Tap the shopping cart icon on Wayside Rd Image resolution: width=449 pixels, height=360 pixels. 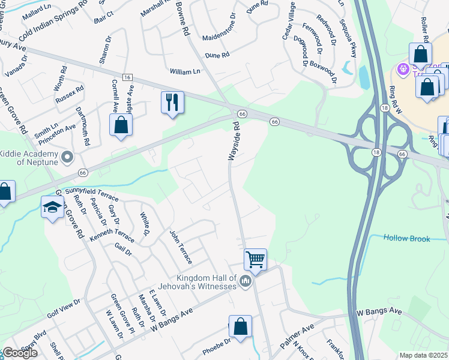[255, 260]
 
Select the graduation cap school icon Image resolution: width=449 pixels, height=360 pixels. [52, 208]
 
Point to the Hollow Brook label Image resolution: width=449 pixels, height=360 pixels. [407, 239]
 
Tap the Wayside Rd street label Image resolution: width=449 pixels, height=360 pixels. [236, 142]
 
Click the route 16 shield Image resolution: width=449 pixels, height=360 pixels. [127, 77]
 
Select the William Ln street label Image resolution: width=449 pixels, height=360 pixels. [184, 71]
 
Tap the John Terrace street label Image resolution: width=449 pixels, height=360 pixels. [180, 247]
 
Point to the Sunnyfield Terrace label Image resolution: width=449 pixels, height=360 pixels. [92, 193]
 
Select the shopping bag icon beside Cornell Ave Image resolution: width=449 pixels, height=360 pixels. [121, 125]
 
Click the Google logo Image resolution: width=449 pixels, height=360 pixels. [20, 353]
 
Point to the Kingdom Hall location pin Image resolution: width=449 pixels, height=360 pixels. [244, 281]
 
